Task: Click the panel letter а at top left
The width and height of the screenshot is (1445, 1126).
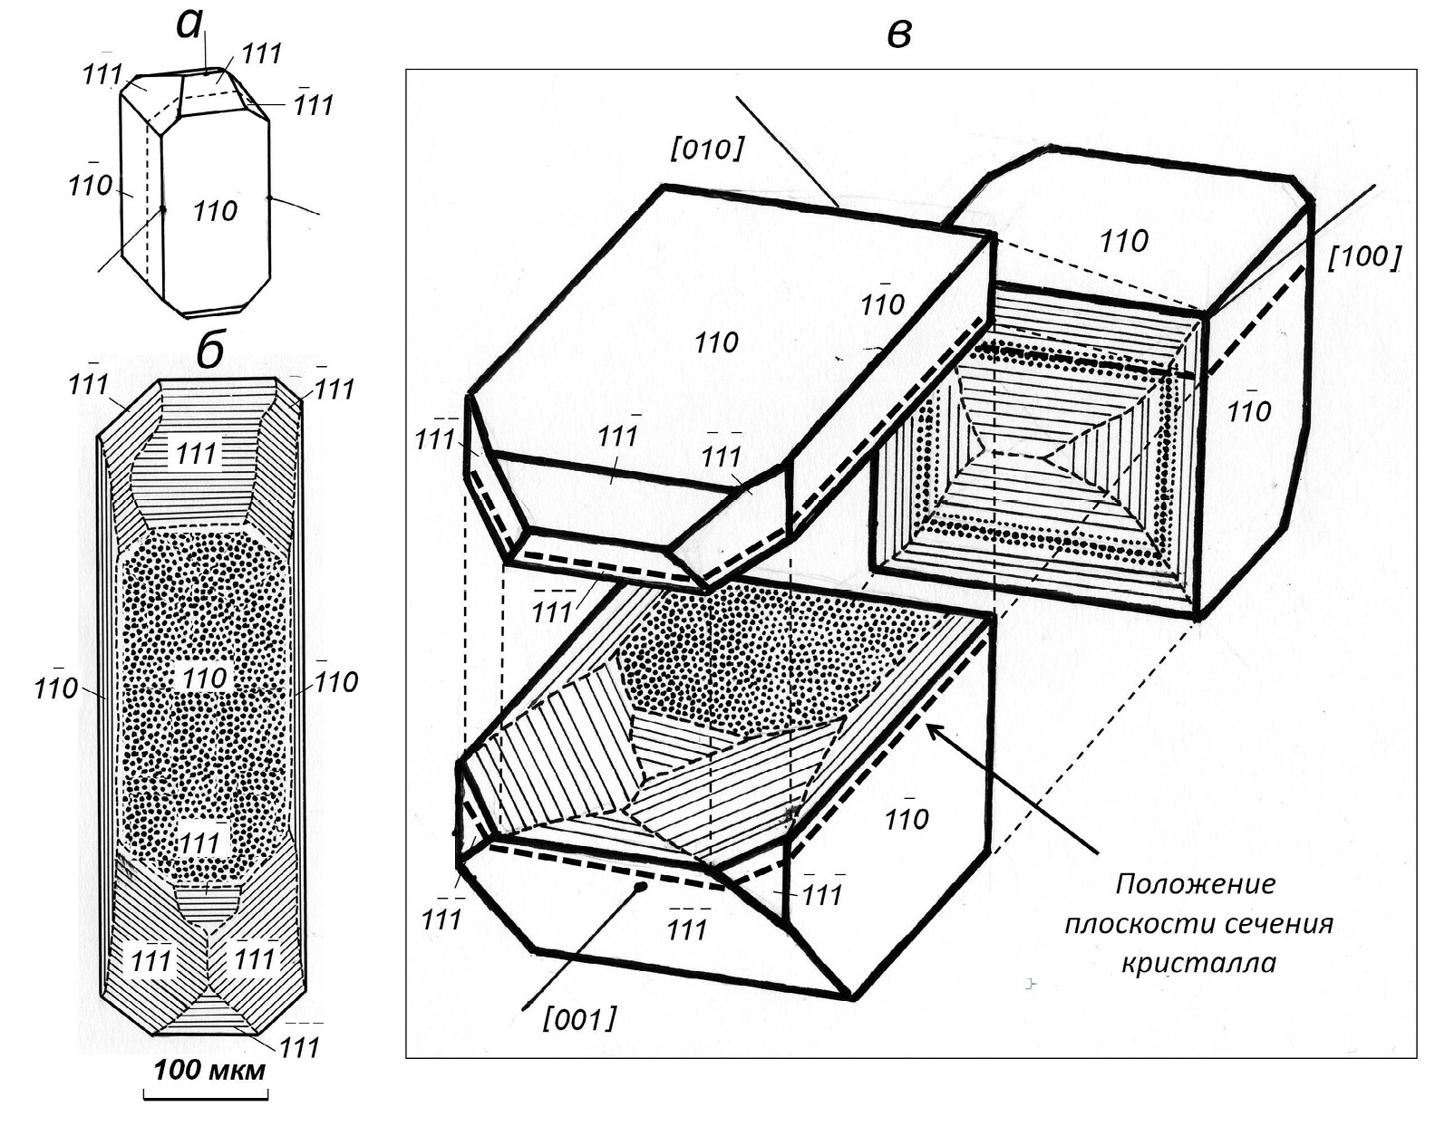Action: tap(189, 24)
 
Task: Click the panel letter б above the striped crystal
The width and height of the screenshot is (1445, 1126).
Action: tap(209, 350)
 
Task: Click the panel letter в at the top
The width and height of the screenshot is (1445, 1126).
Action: tap(897, 34)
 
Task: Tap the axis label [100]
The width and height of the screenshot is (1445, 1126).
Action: tap(1364, 257)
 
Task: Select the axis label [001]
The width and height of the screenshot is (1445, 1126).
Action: tap(579, 1020)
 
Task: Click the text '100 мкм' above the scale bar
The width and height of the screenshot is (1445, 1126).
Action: tap(209, 1071)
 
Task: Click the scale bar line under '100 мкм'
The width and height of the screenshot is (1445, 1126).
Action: tap(206, 1098)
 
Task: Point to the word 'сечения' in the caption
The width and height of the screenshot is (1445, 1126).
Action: tap(1278, 923)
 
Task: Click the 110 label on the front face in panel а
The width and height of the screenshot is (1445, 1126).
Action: tap(215, 212)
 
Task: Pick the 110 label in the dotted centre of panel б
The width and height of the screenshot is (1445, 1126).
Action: tap(205, 678)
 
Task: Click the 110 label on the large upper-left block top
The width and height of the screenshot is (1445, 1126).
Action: tap(716, 342)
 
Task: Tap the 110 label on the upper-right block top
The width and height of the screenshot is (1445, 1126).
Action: tap(1123, 241)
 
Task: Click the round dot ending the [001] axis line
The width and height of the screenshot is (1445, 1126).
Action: tap(640, 889)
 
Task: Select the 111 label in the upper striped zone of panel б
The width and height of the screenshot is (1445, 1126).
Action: tap(197, 453)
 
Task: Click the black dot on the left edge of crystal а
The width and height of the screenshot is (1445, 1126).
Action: tap(163, 209)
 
